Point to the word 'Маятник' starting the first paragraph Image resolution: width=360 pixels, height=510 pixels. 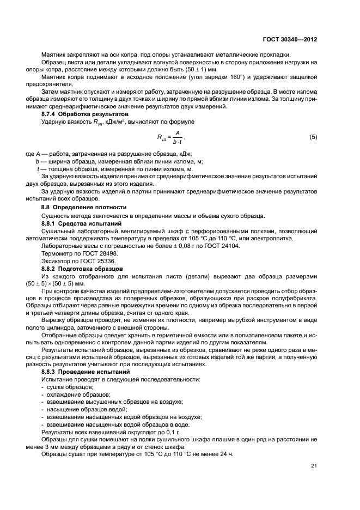(54, 54)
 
